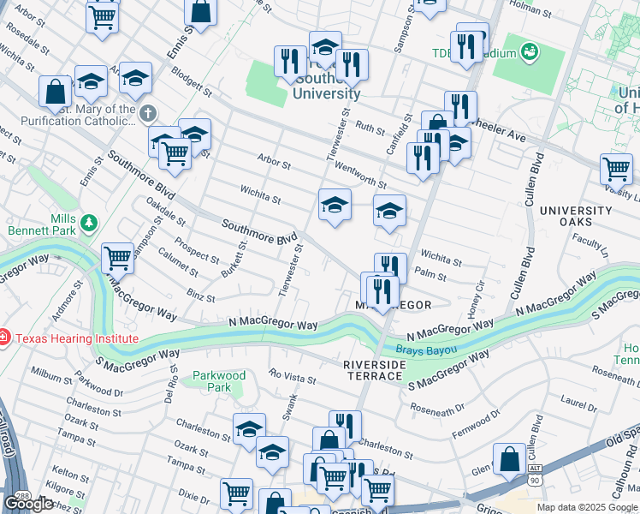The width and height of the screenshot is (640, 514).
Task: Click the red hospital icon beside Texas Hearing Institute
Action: [x=4, y=338]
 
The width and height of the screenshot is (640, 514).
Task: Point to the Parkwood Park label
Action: [x=219, y=381]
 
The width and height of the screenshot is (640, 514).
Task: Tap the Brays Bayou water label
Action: [x=427, y=350]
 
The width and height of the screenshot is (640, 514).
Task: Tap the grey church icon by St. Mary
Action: [x=148, y=113]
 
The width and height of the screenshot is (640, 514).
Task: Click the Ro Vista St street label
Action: [x=293, y=374]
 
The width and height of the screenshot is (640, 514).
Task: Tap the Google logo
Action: [x=28, y=504]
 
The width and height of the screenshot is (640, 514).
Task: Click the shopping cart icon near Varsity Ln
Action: [x=615, y=169]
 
